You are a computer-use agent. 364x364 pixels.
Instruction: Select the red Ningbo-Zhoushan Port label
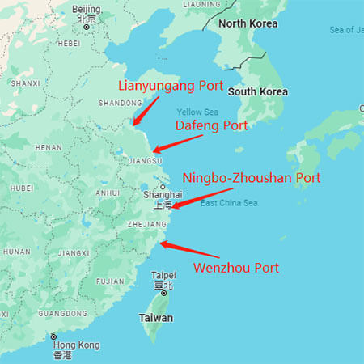252,177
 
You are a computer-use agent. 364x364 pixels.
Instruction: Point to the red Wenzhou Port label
235,268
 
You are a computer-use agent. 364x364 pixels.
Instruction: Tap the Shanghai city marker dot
163,187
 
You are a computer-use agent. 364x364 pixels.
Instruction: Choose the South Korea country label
257,91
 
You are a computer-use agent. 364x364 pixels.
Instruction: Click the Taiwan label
157,318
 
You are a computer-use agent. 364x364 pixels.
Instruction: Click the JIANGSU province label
146,161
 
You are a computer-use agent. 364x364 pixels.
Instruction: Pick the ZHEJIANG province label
149,224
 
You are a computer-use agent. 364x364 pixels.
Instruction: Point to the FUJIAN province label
110,281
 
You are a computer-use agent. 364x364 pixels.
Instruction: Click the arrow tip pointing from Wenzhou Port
160,243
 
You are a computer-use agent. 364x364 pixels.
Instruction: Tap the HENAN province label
48,148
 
